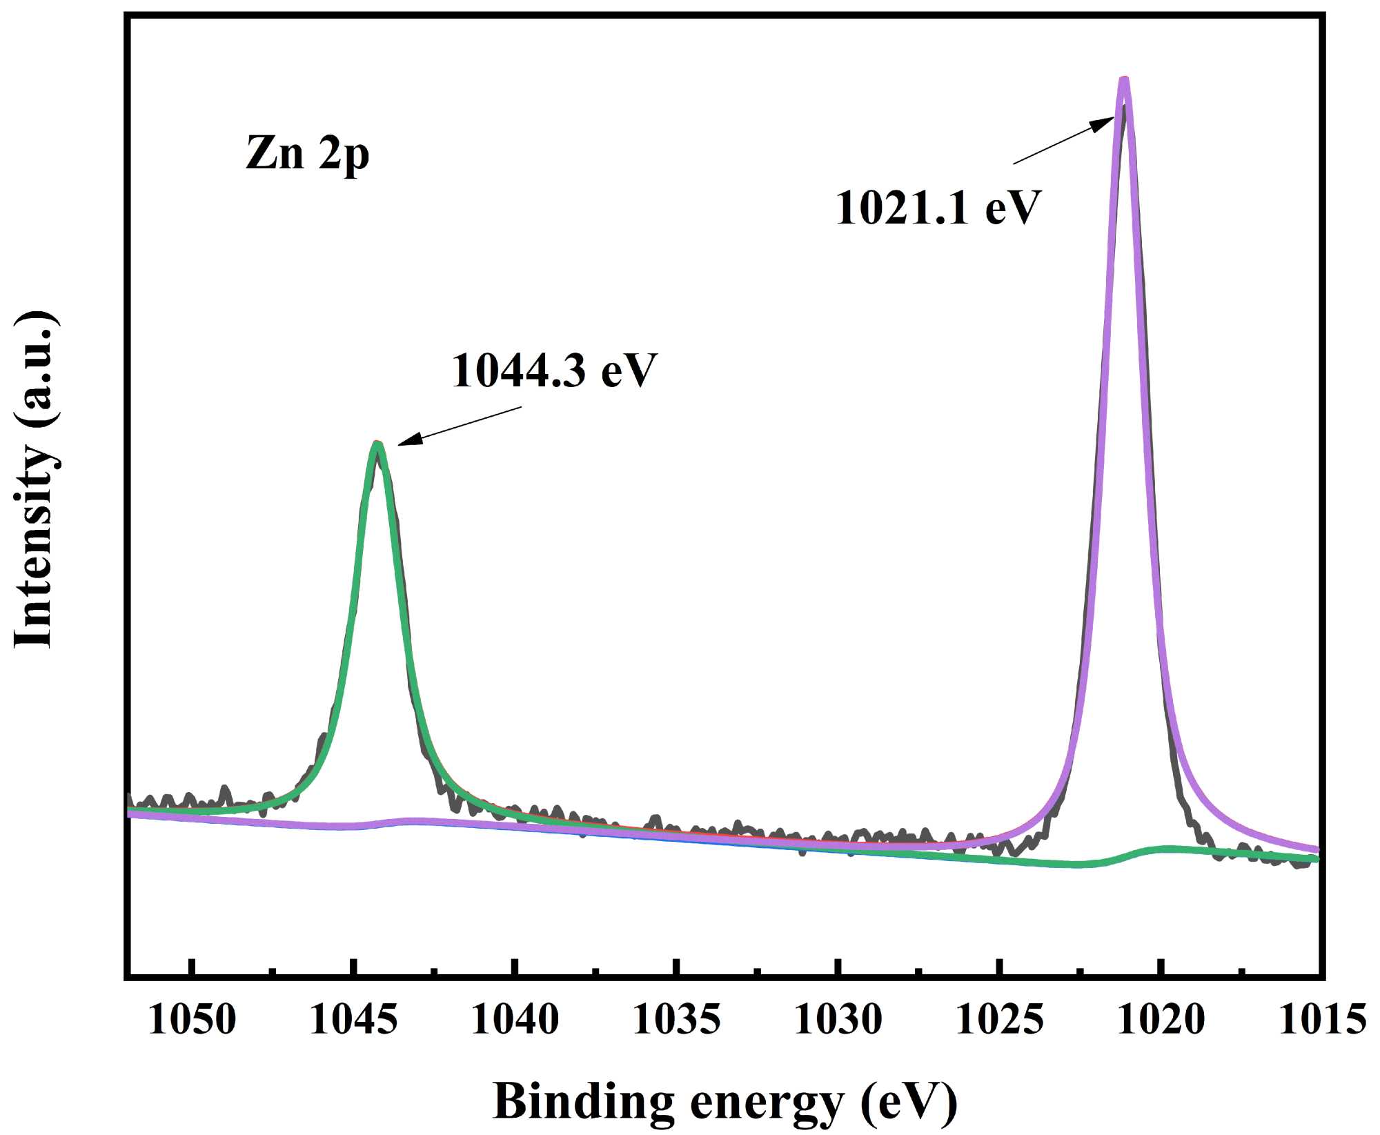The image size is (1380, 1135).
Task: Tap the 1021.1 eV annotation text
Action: (x=938, y=208)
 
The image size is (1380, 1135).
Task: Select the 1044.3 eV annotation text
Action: (x=554, y=371)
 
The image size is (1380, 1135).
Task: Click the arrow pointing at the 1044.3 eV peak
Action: (x=460, y=426)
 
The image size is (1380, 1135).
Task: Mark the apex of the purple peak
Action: (x=1124, y=81)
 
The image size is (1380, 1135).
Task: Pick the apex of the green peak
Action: (x=377, y=444)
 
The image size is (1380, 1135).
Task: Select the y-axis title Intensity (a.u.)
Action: (x=34, y=480)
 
